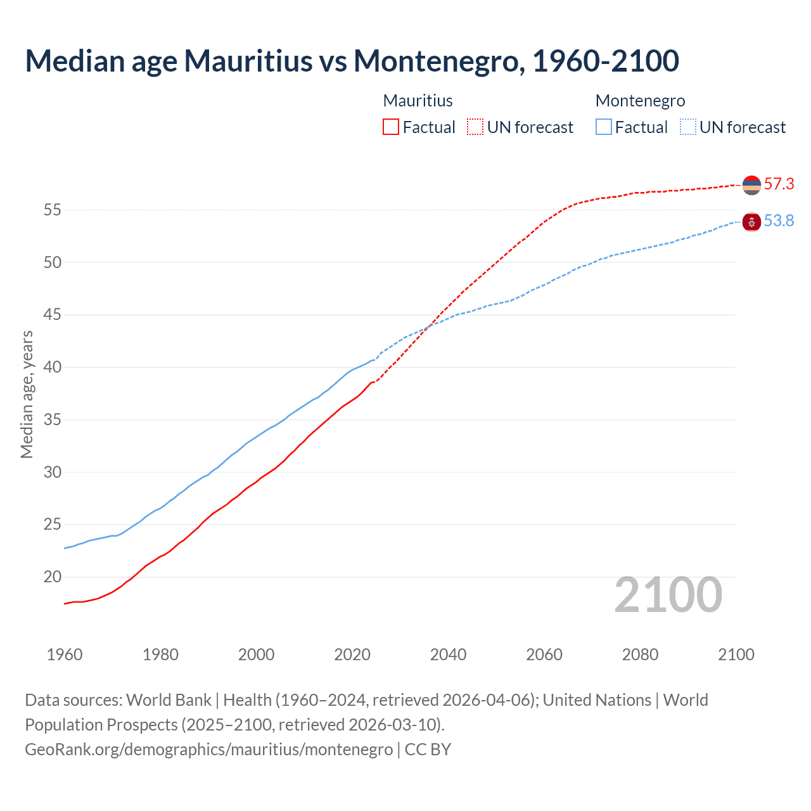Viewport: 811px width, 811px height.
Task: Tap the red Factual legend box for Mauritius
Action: (391, 127)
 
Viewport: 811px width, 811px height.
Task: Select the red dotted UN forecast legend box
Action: (475, 127)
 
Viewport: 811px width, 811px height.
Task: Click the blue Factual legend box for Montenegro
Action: (604, 127)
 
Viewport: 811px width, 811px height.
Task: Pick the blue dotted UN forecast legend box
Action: (688, 127)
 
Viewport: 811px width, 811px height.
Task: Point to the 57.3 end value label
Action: (779, 184)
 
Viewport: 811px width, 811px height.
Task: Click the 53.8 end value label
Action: (779, 221)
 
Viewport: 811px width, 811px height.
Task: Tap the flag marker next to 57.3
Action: (751, 185)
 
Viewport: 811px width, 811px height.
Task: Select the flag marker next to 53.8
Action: (751, 222)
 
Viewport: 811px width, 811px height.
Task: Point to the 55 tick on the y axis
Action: (52, 210)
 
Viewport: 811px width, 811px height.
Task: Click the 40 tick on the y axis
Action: (52, 367)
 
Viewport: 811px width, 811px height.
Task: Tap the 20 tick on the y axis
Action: (52, 577)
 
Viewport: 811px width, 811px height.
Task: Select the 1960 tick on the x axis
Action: (65, 655)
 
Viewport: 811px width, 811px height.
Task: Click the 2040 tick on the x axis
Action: (448, 655)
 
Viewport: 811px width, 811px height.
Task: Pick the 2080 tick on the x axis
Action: (640, 655)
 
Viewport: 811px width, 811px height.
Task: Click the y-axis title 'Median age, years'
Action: (27, 394)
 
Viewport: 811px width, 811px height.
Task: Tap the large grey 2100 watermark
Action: (668, 595)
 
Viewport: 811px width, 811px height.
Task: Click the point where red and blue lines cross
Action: (430, 326)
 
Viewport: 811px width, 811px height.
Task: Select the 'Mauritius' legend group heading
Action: (418, 101)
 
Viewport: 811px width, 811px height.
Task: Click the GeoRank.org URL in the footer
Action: (208, 750)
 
